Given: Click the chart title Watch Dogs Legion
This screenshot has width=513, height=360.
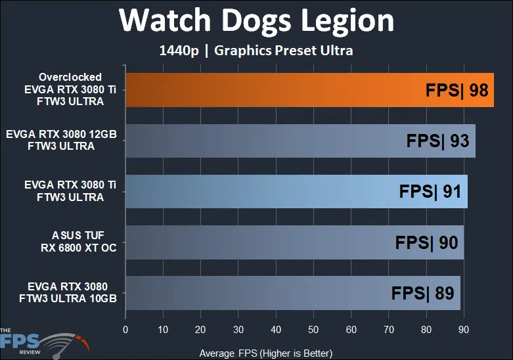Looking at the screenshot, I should tap(256, 21).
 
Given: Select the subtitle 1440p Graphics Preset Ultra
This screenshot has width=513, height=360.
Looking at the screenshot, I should tap(256, 51).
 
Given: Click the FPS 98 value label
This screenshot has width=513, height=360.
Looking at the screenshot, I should tap(457, 90).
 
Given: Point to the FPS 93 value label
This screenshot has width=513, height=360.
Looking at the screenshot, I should tap(437, 141).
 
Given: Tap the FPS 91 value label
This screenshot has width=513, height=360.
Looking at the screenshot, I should tap(430, 192).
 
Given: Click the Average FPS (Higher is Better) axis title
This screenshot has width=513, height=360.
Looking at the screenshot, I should tap(266, 353).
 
